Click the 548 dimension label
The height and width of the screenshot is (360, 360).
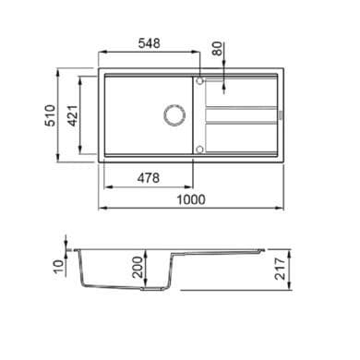[x=150, y=43]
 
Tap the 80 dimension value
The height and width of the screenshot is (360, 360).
[x=218, y=48]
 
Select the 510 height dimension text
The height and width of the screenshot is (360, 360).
[x=51, y=115]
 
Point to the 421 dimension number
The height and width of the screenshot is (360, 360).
[x=73, y=115]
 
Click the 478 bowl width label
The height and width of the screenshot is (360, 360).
[x=149, y=178]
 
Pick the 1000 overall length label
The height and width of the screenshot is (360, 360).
[x=191, y=199]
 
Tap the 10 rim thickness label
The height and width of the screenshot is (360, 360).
[x=58, y=267]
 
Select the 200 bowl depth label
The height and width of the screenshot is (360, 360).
[x=138, y=267]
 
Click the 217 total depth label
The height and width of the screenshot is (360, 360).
[x=280, y=269]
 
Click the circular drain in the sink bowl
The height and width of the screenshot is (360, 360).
[x=174, y=115]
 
